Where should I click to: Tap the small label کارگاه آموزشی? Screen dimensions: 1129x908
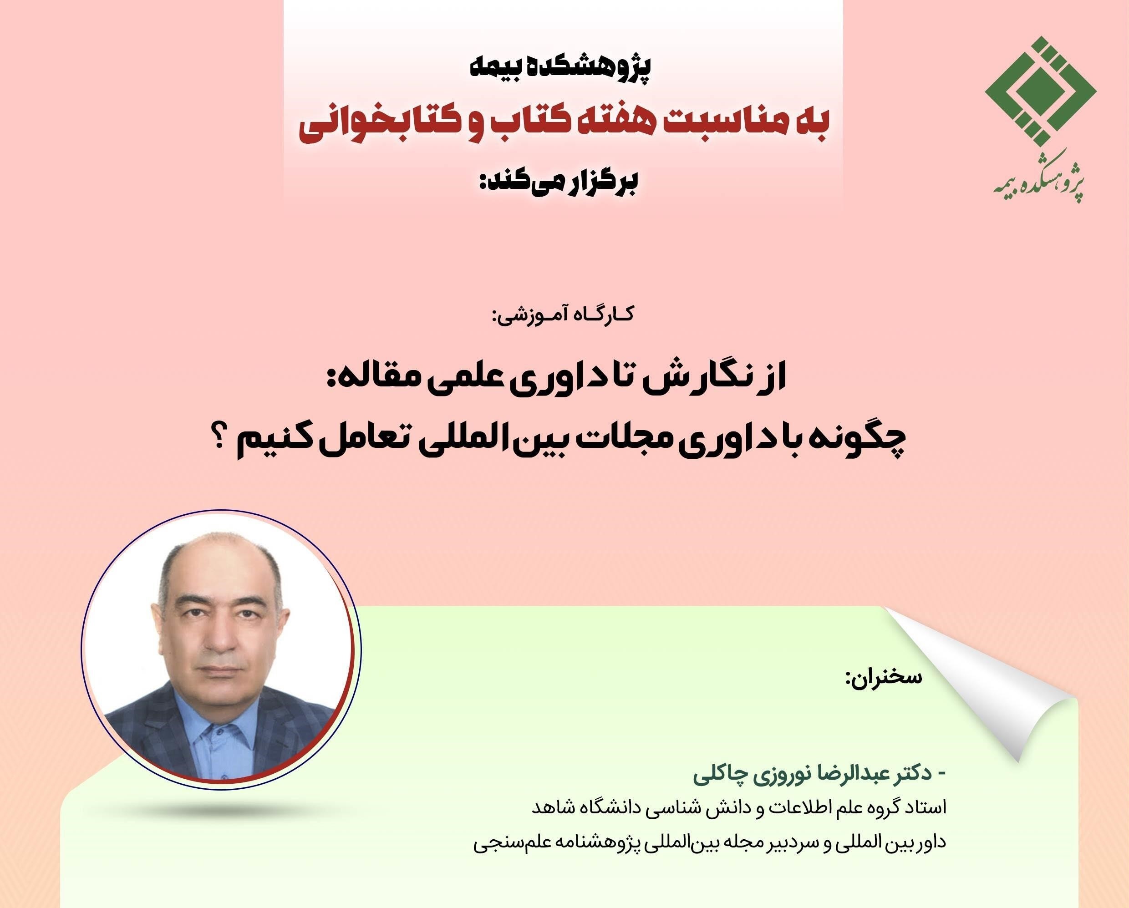click(564, 315)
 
